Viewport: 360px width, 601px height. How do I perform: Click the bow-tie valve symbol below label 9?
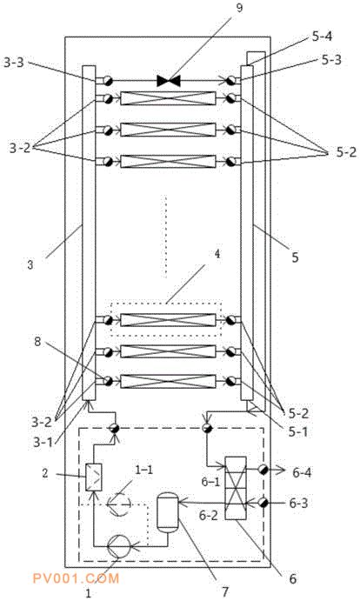[x=169, y=81]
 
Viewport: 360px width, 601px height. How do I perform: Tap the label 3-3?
[x=14, y=63]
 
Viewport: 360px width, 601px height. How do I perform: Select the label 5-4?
[x=322, y=37]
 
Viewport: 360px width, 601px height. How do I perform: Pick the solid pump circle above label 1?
[x=119, y=546]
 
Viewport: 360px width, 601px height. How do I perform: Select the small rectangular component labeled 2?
[x=94, y=477]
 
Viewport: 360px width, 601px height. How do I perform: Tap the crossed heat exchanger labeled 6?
[x=236, y=488]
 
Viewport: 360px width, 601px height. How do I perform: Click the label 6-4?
[x=302, y=473]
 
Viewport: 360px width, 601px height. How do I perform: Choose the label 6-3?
[x=302, y=502]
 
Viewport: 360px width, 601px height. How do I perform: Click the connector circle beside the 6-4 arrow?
[x=263, y=469]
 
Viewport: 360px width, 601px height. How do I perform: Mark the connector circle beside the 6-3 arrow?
[x=263, y=502]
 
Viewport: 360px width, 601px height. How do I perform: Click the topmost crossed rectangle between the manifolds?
[x=168, y=98]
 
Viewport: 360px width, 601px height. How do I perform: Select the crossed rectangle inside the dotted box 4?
[x=168, y=320]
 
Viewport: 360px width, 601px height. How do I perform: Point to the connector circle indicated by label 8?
[x=108, y=381]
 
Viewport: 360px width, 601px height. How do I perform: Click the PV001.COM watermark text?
[x=76, y=578]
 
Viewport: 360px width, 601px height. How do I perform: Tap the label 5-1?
[x=298, y=432]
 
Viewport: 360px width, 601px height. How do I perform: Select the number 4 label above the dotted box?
[x=217, y=254]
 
